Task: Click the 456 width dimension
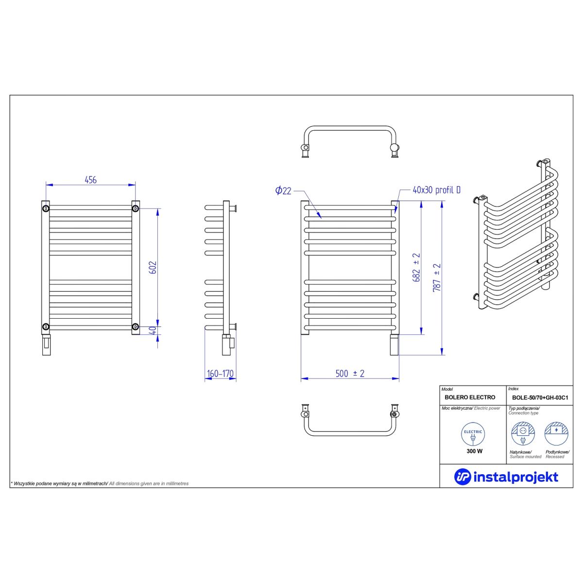[90, 180]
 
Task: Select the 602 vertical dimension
[154, 267]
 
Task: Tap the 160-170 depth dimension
[220, 374]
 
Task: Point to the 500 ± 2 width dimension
[350, 374]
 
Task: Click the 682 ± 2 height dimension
[416, 267]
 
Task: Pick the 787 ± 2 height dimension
[437, 278]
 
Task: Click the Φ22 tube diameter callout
[283, 190]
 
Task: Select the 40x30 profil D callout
[437, 190]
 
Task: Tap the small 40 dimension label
[154, 330]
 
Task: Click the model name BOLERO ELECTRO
[470, 397]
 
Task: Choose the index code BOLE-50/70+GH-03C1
[540, 398]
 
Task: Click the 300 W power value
[474, 451]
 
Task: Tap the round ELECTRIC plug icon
[473, 434]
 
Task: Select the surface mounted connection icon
[523, 434]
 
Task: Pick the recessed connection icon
[556, 434]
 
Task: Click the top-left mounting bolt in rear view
[46, 208]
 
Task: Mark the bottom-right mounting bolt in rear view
[135, 327]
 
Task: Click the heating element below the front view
[394, 344]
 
